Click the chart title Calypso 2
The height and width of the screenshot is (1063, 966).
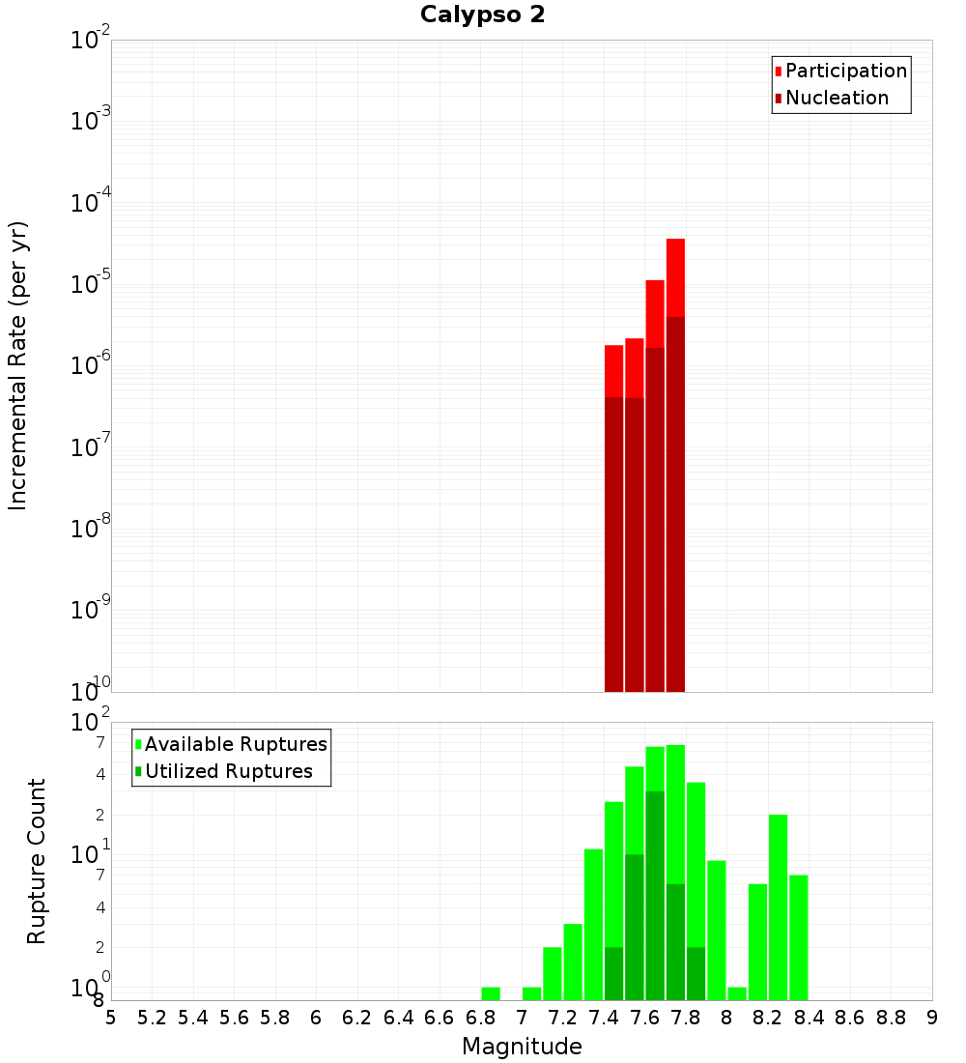[x=482, y=15]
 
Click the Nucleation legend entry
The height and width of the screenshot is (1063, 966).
[x=836, y=98]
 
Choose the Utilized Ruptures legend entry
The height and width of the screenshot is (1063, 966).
[x=227, y=771]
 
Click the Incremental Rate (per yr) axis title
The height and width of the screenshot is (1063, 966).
[x=18, y=365]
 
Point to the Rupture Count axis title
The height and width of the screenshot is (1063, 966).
[x=37, y=861]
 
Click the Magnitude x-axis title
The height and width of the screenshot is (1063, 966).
[x=522, y=1047]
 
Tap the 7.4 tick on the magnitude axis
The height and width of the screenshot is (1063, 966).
[x=604, y=1018]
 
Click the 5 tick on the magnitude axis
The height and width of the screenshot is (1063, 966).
[x=111, y=1018]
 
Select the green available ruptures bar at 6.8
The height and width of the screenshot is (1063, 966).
[x=491, y=993]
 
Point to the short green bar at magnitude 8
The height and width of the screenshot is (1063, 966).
[x=737, y=993]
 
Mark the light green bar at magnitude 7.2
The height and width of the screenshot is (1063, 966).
[x=553, y=973]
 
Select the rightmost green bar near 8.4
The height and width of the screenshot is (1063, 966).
[x=799, y=937]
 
